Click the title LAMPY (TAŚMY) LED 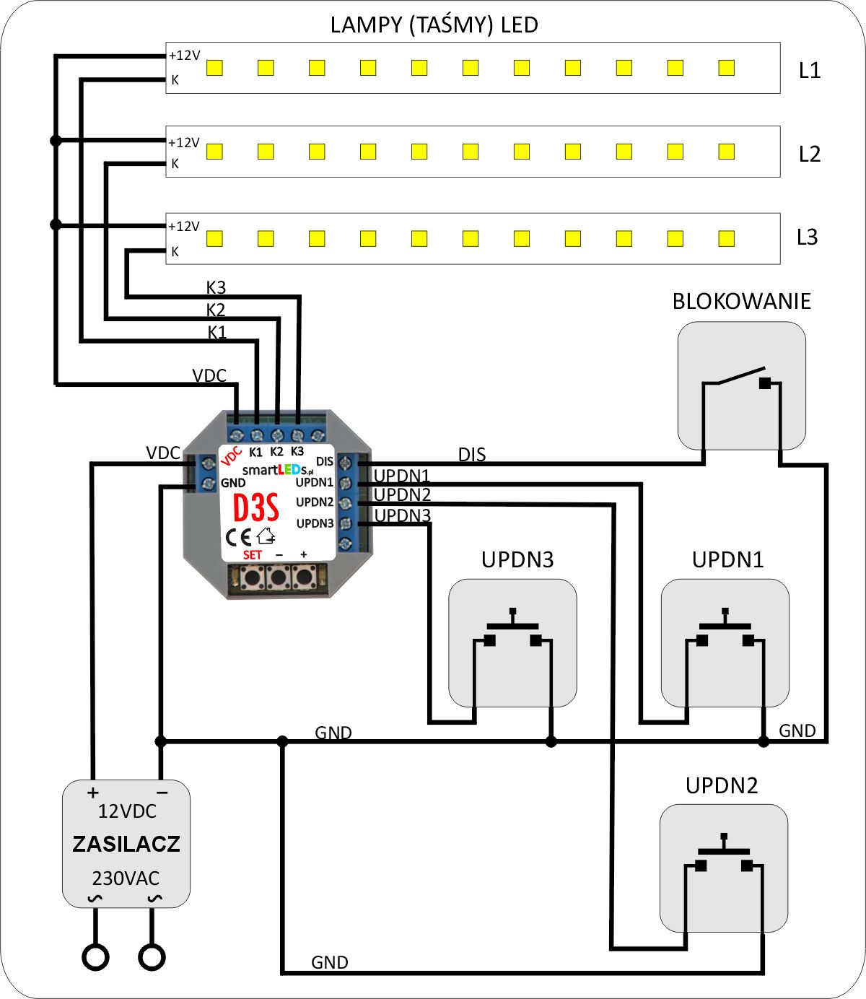point(434,25)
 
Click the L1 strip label point(810,71)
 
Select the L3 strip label point(808,237)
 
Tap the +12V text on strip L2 point(183,143)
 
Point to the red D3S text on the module point(255,508)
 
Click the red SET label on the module point(253,555)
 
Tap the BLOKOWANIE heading point(741,302)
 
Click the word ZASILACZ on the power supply point(126,844)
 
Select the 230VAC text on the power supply point(126,878)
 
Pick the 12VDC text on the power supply point(127,811)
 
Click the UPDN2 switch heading point(722,786)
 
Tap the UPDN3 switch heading point(517,560)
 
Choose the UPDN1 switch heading point(727,560)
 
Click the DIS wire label point(472,455)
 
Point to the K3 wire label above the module point(216,287)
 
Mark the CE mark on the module point(239,537)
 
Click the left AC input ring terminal point(95,957)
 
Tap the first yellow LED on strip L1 point(214,68)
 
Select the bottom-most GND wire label point(330,962)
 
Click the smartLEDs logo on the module point(278,470)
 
